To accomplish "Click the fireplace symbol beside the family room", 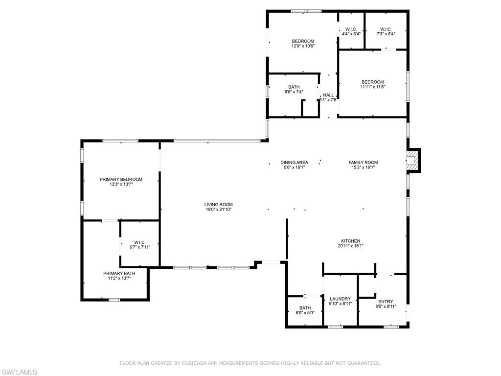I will [x=413, y=161].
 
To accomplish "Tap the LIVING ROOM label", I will [x=218, y=205].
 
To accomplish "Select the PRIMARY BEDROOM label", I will [x=121, y=180].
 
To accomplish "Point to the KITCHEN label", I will [x=351, y=241].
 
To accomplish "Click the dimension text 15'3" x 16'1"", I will [x=363, y=167].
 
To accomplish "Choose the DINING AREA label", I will [x=294, y=163].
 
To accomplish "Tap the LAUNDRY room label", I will [x=340, y=299].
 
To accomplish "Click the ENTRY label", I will [x=386, y=302].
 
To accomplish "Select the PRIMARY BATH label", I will [x=119, y=273].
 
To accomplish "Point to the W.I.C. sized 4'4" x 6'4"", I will [x=351, y=29].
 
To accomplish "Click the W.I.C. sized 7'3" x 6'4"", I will [x=386, y=29].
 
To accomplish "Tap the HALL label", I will [x=328, y=95].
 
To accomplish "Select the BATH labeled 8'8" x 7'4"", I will [x=294, y=87].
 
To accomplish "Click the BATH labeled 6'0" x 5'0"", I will [x=305, y=308].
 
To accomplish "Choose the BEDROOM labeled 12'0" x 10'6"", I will [x=303, y=41].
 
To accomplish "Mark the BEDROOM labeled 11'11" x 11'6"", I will [x=373, y=82].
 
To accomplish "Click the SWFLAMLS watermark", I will [x=19, y=373].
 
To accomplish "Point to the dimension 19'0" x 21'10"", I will [x=218, y=210].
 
